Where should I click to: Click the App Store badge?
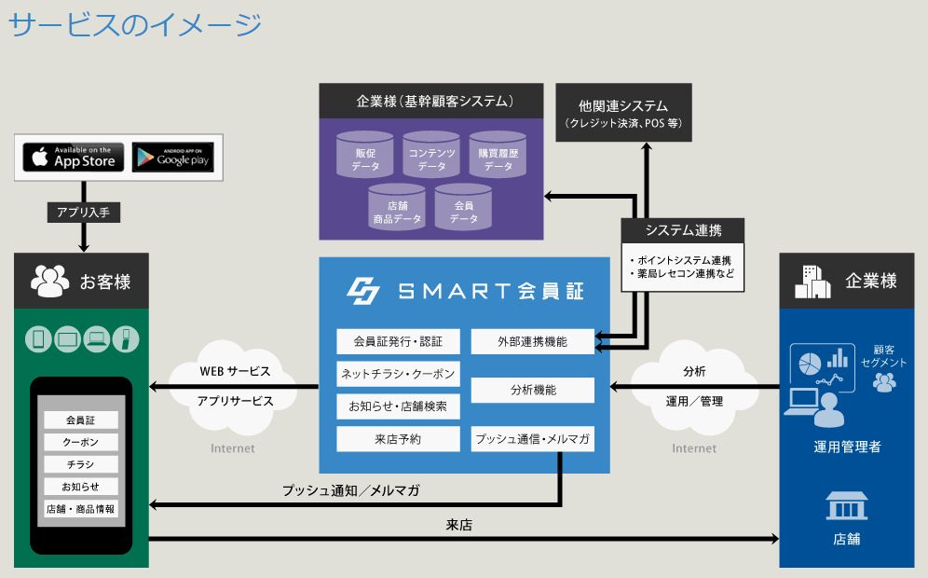pyautogui.click(x=74, y=157)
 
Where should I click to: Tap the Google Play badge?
pyautogui.click(x=172, y=157)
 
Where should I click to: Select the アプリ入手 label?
pyautogui.click(x=84, y=212)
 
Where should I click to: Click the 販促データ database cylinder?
pyautogui.click(x=364, y=155)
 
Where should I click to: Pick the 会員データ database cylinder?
pyautogui.click(x=463, y=207)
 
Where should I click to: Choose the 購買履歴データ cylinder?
pyautogui.click(x=498, y=155)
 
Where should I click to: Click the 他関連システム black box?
pyautogui.click(x=624, y=113)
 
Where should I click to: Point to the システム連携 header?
pyautogui.click(x=682, y=230)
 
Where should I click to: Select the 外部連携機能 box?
pyautogui.click(x=533, y=342)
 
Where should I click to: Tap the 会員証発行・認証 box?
pyautogui.click(x=398, y=342)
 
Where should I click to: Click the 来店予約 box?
pyautogui.click(x=398, y=439)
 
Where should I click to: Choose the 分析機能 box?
pyautogui.click(x=533, y=391)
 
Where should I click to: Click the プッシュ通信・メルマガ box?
pyautogui.click(x=533, y=439)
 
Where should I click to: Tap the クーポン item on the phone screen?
pyautogui.click(x=81, y=443)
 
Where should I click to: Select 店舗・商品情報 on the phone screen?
pyautogui.click(x=81, y=509)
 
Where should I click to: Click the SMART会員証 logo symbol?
pyautogui.click(x=363, y=291)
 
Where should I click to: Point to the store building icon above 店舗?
pyautogui.click(x=846, y=505)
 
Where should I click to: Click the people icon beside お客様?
pyautogui.click(x=49, y=281)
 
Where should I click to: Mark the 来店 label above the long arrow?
pyautogui.click(x=459, y=525)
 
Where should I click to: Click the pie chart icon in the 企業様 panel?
pyautogui.click(x=810, y=364)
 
